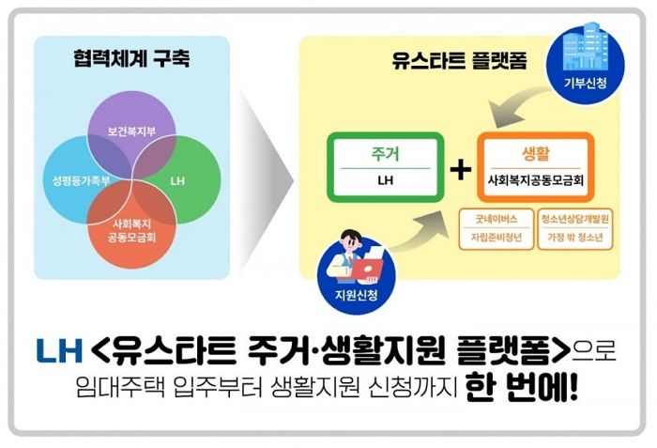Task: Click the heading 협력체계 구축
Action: coord(130,58)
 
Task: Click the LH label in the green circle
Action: coord(181,177)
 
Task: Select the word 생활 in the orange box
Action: coord(535,153)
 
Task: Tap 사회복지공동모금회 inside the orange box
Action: coord(535,178)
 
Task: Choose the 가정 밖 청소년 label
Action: coord(577,238)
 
